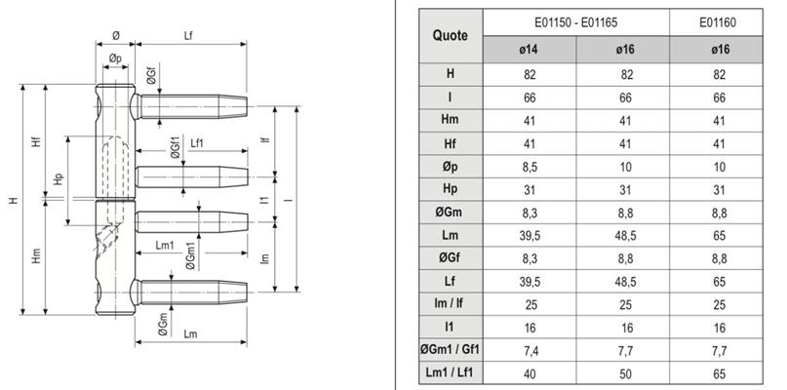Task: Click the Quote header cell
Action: coord(451,36)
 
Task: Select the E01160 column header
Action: coord(717,22)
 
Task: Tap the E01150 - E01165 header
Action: coord(575,22)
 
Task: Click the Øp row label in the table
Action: coord(451,167)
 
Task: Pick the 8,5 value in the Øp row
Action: coord(529,167)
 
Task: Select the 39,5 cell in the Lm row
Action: coord(529,235)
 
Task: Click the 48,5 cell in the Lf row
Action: coord(625,282)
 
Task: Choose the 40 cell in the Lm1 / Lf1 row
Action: coord(529,374)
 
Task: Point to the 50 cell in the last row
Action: coord(625,374)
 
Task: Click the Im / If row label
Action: coord(451,304)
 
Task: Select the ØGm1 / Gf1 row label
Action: coord(451,351)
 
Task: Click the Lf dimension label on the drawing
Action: coord(189,36)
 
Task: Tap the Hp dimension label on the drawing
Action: coord(59,178)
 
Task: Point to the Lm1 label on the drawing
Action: coord(165,245)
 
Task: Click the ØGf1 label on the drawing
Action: coord(175,147)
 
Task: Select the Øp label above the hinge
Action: coord(115,58)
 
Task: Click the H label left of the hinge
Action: coord(14,200)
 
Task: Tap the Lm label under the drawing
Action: coord(191,334)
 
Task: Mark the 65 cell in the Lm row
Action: coord(719,235)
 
